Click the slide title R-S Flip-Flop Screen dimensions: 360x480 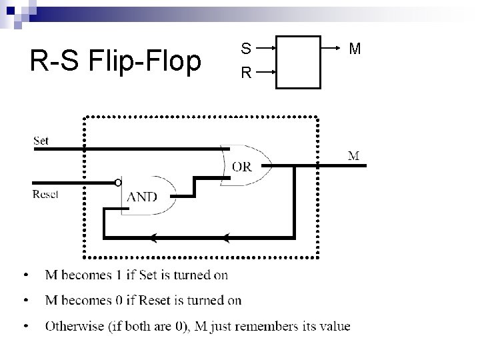(115, 61)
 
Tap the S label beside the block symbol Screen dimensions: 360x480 (246, 49)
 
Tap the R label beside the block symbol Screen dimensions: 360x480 (246, 72)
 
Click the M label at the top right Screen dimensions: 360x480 (355, 49)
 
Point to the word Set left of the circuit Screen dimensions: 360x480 (41, 141)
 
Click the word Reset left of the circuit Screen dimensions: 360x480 (45, 194)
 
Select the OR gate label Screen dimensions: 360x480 (242, 167)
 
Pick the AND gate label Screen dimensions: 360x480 (142, 197)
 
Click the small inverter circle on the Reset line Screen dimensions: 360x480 (117, 182)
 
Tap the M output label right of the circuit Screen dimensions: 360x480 (354, 156)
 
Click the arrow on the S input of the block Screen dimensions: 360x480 (267, 49)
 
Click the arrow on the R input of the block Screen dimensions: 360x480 (267, 71)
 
